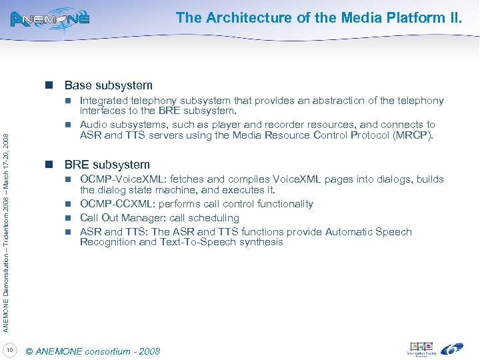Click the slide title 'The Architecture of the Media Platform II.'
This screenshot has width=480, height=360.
(319, 18)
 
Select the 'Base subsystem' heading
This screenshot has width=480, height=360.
(108, 85)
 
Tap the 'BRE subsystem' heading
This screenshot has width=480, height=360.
(107, 164)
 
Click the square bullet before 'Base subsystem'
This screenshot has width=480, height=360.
(49, 85)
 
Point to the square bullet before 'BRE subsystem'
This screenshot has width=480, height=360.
(49, 164)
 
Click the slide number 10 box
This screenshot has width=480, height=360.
(11, 350)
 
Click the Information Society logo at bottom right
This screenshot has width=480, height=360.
(421, 349)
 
